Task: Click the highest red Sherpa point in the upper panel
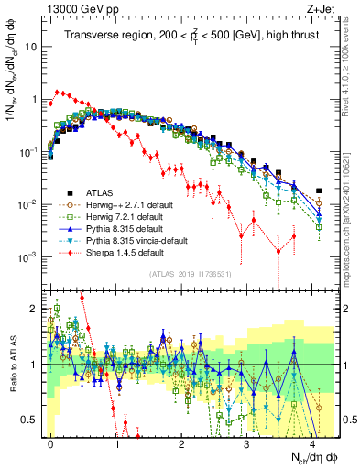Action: (x=59, y=91)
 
